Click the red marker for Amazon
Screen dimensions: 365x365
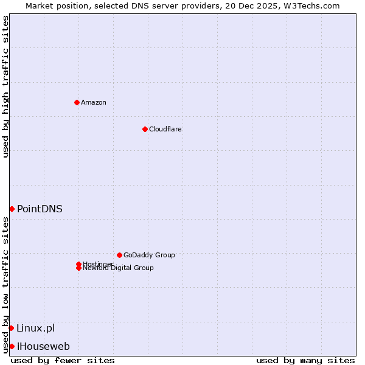pyautogui.click(x=77, y=102)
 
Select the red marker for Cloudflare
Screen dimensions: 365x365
pyautogui.click(x=145, y=129)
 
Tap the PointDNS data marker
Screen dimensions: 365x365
pyautogui.click(x=12, y=209)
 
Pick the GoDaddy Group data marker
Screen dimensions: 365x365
pyautogui.click(x=119, y=255)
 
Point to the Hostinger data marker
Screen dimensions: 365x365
pyautogui.click(x=78, y=264)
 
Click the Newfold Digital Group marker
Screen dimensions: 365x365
pyautogui.click(x=78, y=268)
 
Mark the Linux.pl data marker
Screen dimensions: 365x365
pyautogui.click(x=11, y=328)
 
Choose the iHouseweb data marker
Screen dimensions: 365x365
pyautogui.click(x=12, y=346)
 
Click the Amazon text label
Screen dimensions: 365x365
pyautogui.click(x=94, y=102)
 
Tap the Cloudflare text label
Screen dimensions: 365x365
pyautogui.click(x=165, y=129)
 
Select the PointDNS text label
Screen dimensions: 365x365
pyautogui.click(x=40, y=209)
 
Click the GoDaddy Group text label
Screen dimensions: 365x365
pyautogui.click(x=149, y=255)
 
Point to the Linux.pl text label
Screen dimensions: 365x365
pyautogui.click(x=35, y=328)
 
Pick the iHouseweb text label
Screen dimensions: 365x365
pyautogui.click(x=43, y=347)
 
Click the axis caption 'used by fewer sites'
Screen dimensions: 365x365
pyautogui.click(x=63, y=360)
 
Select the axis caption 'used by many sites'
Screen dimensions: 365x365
pyautogui.click(x=305, y=360)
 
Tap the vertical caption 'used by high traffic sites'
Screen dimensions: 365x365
pyautogui.click(x=5, y=86)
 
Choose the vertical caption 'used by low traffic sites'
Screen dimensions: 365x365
pyautogui.click(x=5, y=285)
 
